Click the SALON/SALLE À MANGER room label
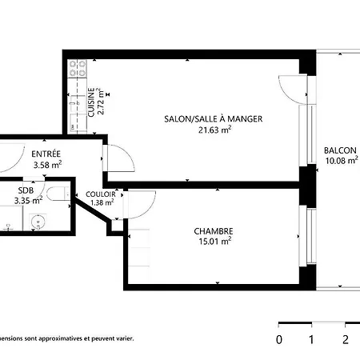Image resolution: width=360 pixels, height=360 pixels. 214,118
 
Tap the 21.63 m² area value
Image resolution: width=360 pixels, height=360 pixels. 214,130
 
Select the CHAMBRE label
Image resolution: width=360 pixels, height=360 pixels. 214,231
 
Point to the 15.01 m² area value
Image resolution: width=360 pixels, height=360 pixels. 214,242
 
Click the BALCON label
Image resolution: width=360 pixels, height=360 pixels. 340,150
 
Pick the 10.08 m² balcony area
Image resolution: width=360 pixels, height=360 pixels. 342,160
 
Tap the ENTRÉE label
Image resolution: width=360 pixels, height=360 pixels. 46,154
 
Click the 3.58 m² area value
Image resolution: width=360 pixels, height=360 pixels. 47,165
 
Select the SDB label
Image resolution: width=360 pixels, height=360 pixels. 26,190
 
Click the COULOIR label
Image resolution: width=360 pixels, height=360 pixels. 101,194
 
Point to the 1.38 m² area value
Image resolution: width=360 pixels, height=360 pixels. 102,202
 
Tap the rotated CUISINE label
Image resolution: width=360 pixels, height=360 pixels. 91,102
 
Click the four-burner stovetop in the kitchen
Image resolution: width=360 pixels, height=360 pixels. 78,68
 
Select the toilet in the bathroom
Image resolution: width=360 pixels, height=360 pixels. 58,194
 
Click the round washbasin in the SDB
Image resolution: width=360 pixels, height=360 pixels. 38,222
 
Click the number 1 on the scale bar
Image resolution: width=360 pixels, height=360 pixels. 311,339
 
